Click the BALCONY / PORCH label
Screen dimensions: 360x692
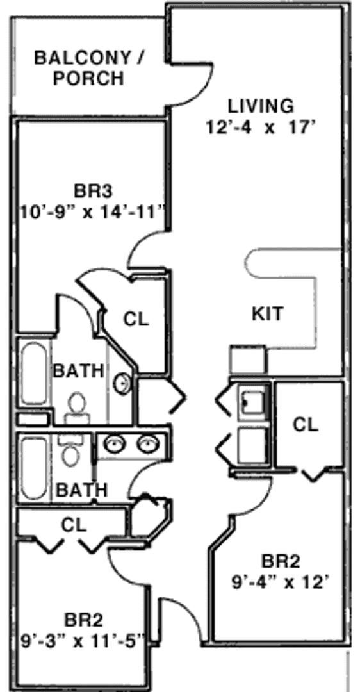click(90, 69)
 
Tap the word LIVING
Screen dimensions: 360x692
click(260, 106)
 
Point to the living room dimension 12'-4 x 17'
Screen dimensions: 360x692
click(261, 128)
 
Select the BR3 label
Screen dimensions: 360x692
click(94, 192)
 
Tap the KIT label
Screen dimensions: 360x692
click(267, 314)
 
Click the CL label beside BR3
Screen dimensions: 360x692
click(136, 319)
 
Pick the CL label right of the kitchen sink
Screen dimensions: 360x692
click(306, 425)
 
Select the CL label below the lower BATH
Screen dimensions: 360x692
click(74, 525)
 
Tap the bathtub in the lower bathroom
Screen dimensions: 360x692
click(34, 468)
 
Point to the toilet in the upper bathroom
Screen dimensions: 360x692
click(78, 408)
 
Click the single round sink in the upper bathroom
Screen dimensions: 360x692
click(122, 383)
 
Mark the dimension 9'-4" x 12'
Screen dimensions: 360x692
click(282, 572)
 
